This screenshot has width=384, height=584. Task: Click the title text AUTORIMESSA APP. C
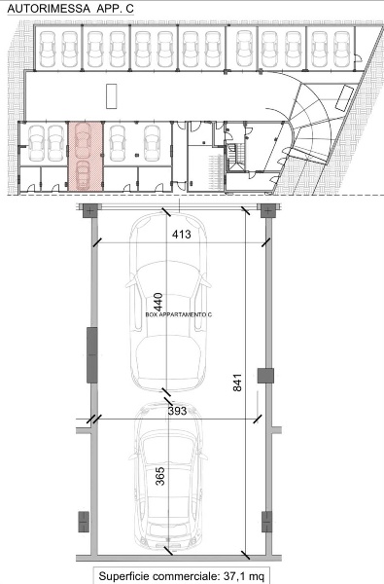(70, 9)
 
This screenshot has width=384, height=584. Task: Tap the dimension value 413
(182, 235)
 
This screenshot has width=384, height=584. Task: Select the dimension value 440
(158, 302)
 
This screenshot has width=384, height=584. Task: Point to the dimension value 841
(237, 383)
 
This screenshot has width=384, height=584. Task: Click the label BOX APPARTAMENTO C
(179, 314)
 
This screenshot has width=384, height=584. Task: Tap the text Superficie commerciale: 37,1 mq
(181, 576)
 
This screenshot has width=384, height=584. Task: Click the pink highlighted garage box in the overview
(86, 156)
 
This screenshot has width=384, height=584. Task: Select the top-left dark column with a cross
(90, 210)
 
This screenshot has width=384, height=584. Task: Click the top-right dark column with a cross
(267, 210)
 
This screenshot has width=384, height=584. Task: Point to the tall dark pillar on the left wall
(92, 355)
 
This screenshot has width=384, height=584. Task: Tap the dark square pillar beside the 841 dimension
(265, 376)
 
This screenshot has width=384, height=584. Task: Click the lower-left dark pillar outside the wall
(84, 522)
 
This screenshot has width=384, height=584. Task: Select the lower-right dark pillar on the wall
(266, 522)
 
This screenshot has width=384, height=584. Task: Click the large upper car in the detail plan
(168, 302)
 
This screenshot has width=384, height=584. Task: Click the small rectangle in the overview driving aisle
(111, 96)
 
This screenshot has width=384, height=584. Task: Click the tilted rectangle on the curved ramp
(344, 98)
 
